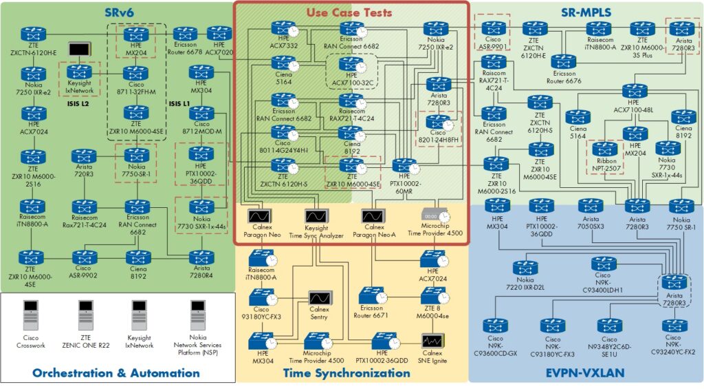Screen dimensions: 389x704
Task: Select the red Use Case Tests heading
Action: tap(349, 12)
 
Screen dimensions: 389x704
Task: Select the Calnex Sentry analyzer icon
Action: tap(318, 297)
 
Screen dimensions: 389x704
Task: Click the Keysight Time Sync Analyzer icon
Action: tap(316, 216)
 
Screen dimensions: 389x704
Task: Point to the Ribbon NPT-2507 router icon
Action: tap(606, 148)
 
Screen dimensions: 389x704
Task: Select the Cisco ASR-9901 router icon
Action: tap(493, 28)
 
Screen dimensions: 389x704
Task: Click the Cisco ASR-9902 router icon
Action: tap(83, 257)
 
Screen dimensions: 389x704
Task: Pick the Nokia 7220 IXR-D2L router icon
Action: tap(524, 268)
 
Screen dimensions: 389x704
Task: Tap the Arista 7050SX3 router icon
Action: tap(589, 205)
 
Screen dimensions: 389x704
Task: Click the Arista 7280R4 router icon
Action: tap(201, 257)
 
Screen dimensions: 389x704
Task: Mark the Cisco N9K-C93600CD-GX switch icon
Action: tap(494, 325)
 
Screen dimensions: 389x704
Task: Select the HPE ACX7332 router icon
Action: tap(280, 28)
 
